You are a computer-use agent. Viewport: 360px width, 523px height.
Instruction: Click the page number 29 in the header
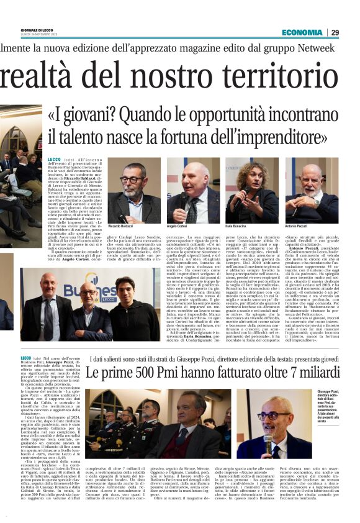coord(351,32)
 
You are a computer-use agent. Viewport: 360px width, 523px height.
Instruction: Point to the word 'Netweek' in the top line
coord(338,48)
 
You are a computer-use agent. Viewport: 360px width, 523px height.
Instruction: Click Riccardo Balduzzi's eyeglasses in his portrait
coord(132,180)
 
